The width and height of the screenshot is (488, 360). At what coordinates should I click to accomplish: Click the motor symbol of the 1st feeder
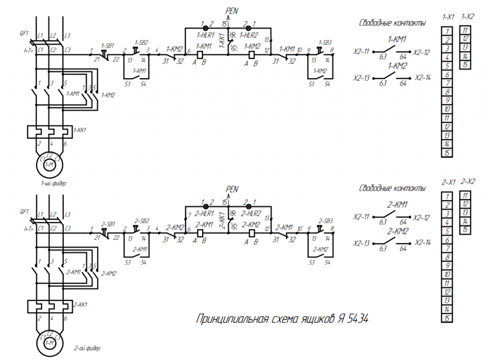pos(50,165)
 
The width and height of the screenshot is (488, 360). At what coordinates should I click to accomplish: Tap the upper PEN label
pos(232,10)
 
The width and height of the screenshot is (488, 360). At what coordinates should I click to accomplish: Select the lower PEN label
pos(232,189)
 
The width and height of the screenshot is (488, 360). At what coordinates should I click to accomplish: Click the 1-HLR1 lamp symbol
pos(206,28)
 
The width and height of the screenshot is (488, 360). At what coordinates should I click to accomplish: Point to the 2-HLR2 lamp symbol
pos(248,206)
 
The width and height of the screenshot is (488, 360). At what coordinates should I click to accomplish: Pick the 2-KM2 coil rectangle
pos(252,233)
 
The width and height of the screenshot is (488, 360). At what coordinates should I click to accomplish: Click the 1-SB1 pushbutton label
pos(107,45)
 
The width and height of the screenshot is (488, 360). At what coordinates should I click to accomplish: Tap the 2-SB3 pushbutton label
pos(325,221)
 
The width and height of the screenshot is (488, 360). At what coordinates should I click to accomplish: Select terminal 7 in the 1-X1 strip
pos(447,83)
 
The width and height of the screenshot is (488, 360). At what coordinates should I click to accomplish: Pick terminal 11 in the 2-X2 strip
pos(465,195)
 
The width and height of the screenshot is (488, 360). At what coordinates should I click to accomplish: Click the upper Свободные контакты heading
pos(392,22)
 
